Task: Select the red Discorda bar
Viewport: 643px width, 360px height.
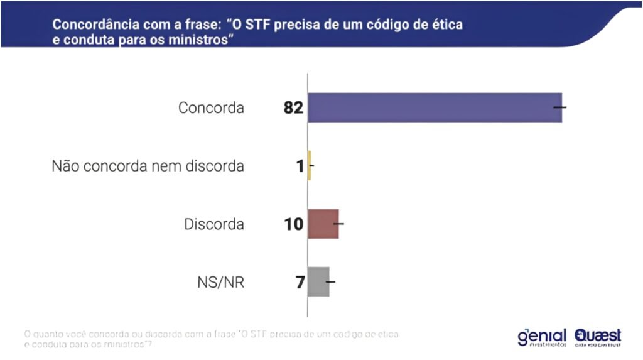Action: click(323, 224)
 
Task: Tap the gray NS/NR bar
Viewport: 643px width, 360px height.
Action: click(318, 281)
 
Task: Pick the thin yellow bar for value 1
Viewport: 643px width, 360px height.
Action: click(310, 166)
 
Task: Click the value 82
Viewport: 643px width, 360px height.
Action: click(293, 108)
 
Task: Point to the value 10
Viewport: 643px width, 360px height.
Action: click(293, 224)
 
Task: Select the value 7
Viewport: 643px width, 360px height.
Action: click(300, 283)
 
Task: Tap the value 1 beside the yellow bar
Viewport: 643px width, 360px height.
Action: click(300, 166)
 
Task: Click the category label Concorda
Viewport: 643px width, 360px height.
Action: click(211, 108)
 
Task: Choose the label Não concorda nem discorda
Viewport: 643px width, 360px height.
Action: click(148, 166)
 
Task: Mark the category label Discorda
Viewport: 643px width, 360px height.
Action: click(214, 224)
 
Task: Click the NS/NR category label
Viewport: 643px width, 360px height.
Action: click(220, 283)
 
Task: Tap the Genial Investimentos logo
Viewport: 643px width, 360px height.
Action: click(542, 337)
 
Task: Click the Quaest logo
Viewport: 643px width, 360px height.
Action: click(598, 337)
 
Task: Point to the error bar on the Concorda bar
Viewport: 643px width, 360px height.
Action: click(559, 107)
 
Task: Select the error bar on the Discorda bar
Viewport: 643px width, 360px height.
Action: click(338, 224)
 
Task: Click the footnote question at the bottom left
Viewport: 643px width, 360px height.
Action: click(211, 339)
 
